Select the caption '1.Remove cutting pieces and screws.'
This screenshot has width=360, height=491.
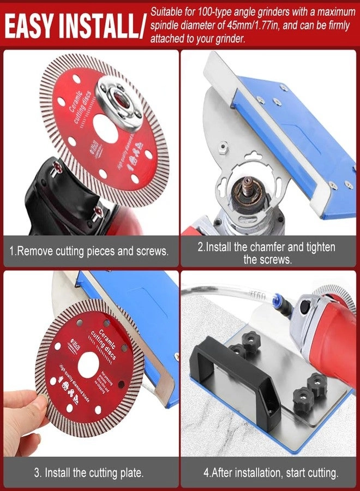(89, 252)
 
